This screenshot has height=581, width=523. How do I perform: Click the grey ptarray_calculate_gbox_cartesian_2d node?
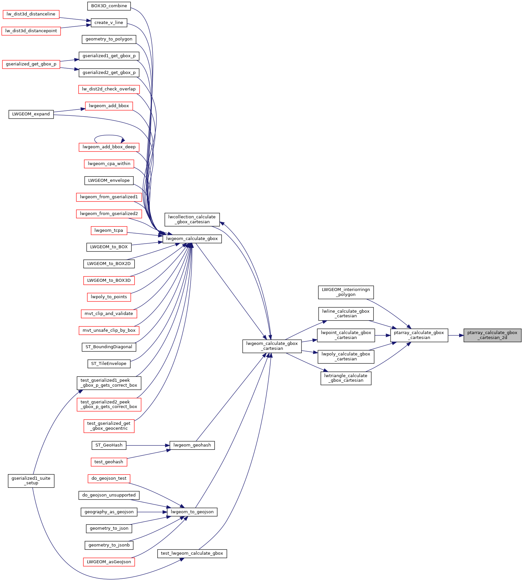[x=492, y=335]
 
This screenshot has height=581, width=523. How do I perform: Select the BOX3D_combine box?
[x=109, y=6]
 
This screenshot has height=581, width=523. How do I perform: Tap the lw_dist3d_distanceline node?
[x=31, y=14]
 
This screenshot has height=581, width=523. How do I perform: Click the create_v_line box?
[x=109, y=23]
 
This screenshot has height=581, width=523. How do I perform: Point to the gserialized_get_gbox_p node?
[x=31, y=64]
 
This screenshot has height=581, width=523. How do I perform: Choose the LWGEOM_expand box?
[x=31, y=114]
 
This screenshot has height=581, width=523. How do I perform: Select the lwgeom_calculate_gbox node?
[x=192, y=239]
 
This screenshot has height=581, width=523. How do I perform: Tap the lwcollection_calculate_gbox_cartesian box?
[x=192, y=219]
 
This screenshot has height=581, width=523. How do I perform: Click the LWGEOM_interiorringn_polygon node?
[x=346, y=292]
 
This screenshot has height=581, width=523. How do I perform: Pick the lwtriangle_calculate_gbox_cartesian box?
[x=346, y=378]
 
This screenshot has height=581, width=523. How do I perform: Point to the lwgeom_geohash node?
[x=192, y=445]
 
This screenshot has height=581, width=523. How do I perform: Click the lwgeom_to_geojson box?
[x=192, y=512]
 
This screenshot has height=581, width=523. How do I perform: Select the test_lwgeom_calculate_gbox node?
[x=192, y=553]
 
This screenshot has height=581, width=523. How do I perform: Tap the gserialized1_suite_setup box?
[x=31, y=481]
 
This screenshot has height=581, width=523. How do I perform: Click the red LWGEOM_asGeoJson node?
[x=109, y=562]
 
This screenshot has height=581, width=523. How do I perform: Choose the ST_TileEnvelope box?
[x=109, y=364]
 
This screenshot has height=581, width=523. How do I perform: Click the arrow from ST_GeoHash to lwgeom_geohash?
[x=148, y=445]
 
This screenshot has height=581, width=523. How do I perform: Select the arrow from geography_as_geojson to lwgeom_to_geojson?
[x=152, y=512]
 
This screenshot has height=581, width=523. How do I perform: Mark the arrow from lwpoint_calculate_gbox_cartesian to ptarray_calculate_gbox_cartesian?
[x=382, y=335]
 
